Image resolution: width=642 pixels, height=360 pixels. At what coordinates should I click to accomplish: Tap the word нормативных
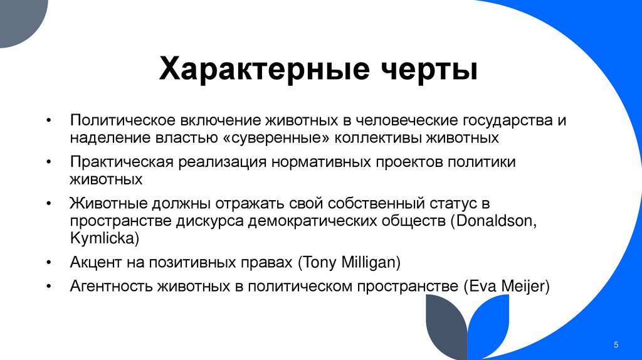click(313, 162)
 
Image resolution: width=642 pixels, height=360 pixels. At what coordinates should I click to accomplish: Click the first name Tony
click(318, 263)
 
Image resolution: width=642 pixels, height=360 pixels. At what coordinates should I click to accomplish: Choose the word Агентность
click(112, 287)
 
